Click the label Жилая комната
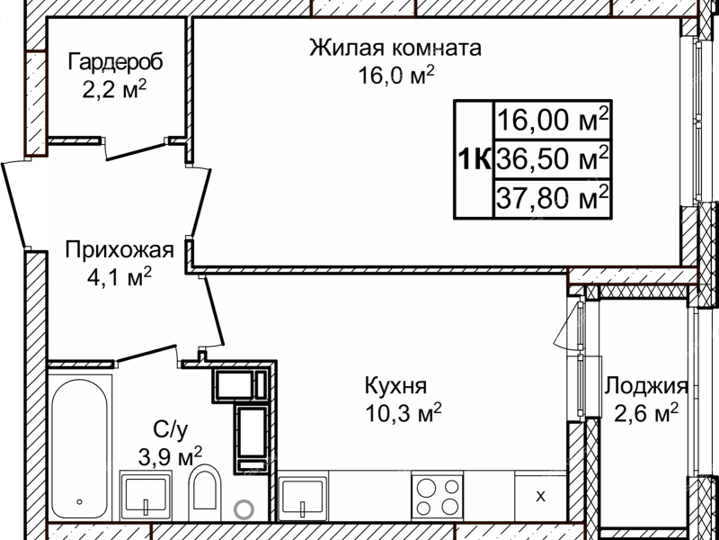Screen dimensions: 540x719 [x=395, y=48]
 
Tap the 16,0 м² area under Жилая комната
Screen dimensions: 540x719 [x=395, y=76]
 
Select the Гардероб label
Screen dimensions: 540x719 [x=115, y=63]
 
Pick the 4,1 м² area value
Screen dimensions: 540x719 [x=118, y=277]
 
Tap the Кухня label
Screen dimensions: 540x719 [x=395, y=386]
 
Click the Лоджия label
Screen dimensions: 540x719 [x=645, y=387]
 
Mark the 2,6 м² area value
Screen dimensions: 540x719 [x=644, y=414]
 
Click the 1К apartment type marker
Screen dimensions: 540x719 [x=474, y=160]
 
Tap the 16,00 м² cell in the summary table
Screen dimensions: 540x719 [x=553, y=119]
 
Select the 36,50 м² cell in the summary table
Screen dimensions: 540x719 [x=553, y=160]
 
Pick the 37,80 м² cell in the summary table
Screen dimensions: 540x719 [x=553, y=197]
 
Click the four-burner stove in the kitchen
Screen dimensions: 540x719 [x=437, y=495]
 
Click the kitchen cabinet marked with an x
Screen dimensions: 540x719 [x=540, y=495]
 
